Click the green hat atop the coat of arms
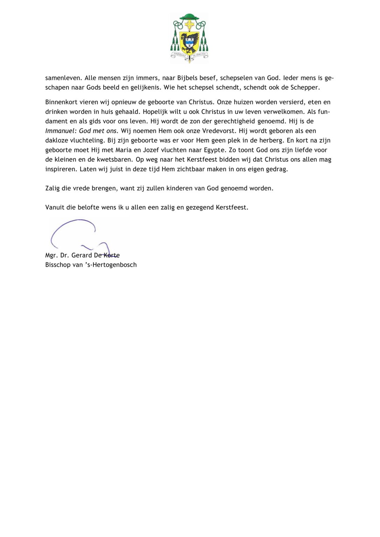click(x=189, y=17)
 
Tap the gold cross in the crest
click(x=189, y=25)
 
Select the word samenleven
click(x=63, y=78)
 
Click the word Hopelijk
click(x=156, y=112)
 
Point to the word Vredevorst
click(x=219, y=131)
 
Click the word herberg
click(x=271, y=140)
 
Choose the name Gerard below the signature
click(x=82, y=255)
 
